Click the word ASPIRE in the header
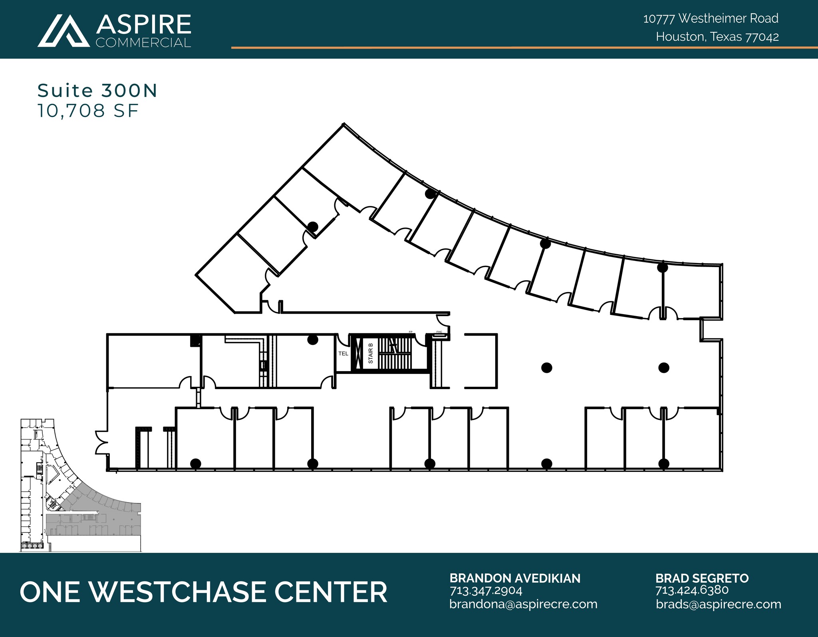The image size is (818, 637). (x=143, y=24)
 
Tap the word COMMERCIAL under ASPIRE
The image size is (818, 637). (x=143, y=43)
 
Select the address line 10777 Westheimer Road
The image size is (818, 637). (x=711, y=18)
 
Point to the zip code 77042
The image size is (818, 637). (x=762, y=37)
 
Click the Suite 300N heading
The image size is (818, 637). (x=97, y=91)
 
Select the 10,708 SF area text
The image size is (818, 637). (x=88, y=111)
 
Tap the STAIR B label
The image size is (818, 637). (x=371, y=353)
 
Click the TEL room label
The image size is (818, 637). (x=343, y=354)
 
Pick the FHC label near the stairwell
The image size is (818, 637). (x=439, y=332)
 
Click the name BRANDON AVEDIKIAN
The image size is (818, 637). (x=515, y=578)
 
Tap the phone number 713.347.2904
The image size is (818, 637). (x=486, y=590)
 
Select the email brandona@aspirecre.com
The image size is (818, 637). (x=523, y=604)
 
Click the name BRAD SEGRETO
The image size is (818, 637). (x=702, y=578)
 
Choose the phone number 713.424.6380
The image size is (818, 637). (x=692, y=590)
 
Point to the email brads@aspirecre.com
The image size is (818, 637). (x=718, y=604)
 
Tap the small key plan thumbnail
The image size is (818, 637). (x=80, y=485)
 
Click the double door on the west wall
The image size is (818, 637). (x=101, y=442)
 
